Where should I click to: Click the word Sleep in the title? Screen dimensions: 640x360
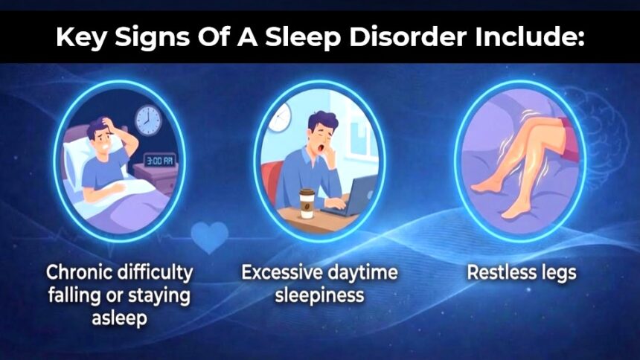[303, 38]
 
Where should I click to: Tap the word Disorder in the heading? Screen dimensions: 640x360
[408, 36]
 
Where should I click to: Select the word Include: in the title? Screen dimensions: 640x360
[530, 36]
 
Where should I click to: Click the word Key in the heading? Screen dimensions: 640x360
[81, 38]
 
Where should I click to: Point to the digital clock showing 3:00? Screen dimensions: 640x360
[159, 161]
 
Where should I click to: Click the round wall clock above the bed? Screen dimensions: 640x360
[148, 120]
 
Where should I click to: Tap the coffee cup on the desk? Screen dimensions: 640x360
[307, 203]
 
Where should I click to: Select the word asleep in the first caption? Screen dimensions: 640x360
[119, 318]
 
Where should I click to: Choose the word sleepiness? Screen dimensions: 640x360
[319, 295]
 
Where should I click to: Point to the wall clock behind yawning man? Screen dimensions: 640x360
[278, 118]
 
